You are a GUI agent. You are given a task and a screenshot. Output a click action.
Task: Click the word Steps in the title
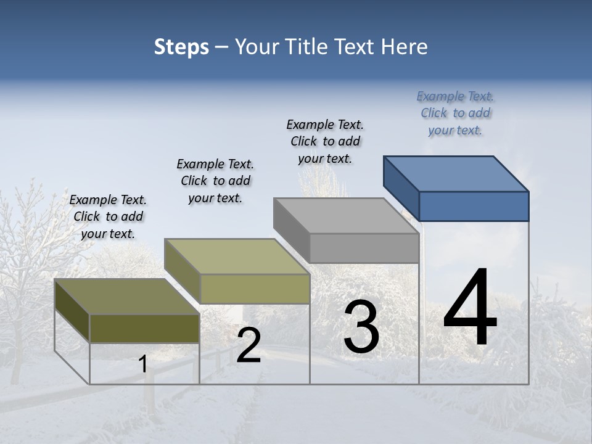181,47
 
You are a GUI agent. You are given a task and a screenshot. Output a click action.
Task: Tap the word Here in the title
404,47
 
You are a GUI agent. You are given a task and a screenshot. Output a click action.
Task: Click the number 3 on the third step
361,327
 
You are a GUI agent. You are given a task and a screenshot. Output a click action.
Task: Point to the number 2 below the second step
249,345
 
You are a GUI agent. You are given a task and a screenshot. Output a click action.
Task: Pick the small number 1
142,364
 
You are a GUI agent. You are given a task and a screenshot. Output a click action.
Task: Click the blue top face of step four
456,173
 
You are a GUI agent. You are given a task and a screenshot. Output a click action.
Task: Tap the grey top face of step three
346,216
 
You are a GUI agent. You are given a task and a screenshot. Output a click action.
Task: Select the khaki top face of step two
237,257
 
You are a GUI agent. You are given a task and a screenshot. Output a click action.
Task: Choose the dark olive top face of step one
127,297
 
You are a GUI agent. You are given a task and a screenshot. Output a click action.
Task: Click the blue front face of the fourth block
474,206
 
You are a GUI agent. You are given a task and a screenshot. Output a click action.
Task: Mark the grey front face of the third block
364,248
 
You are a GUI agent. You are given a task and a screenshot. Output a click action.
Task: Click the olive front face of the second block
255,289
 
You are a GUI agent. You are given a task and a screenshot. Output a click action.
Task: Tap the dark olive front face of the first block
144,328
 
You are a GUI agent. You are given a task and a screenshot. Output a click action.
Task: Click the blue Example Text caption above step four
455,113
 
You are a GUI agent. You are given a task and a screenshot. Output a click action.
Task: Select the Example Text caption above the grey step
325,141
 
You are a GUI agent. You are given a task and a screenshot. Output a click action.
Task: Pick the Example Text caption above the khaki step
215,181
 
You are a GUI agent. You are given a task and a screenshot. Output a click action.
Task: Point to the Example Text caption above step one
108,216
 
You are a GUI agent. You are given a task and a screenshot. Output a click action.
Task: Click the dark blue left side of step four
401,188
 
